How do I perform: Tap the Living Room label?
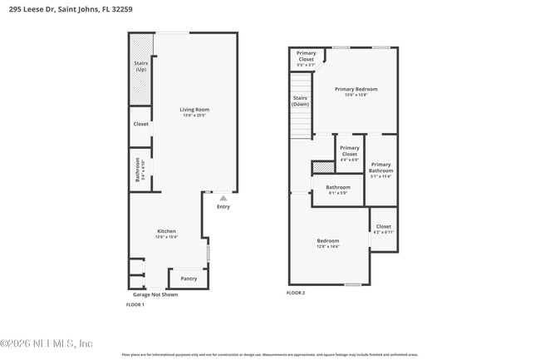click(195, 111)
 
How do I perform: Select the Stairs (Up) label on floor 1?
click(140, 66)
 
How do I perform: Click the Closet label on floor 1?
click(141, 124)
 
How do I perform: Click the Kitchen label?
click(167, 234)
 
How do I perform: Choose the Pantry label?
click(189, 279)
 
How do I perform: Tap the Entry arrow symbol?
click(223, 198)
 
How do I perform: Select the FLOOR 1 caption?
click(135, 305)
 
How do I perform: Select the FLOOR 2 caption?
click(296, 293)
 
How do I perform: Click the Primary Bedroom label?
click(356, 91)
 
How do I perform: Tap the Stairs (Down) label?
click(300, 101)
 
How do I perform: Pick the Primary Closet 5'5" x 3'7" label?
click(306, 57)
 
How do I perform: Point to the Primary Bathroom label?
click(380, 170)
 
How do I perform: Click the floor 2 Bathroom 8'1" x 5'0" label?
click(337, 190)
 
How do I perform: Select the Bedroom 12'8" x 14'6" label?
click(328, 243)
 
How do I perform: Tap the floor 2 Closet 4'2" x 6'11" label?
click(383, 229)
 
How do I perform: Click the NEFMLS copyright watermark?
click(47, 343)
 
